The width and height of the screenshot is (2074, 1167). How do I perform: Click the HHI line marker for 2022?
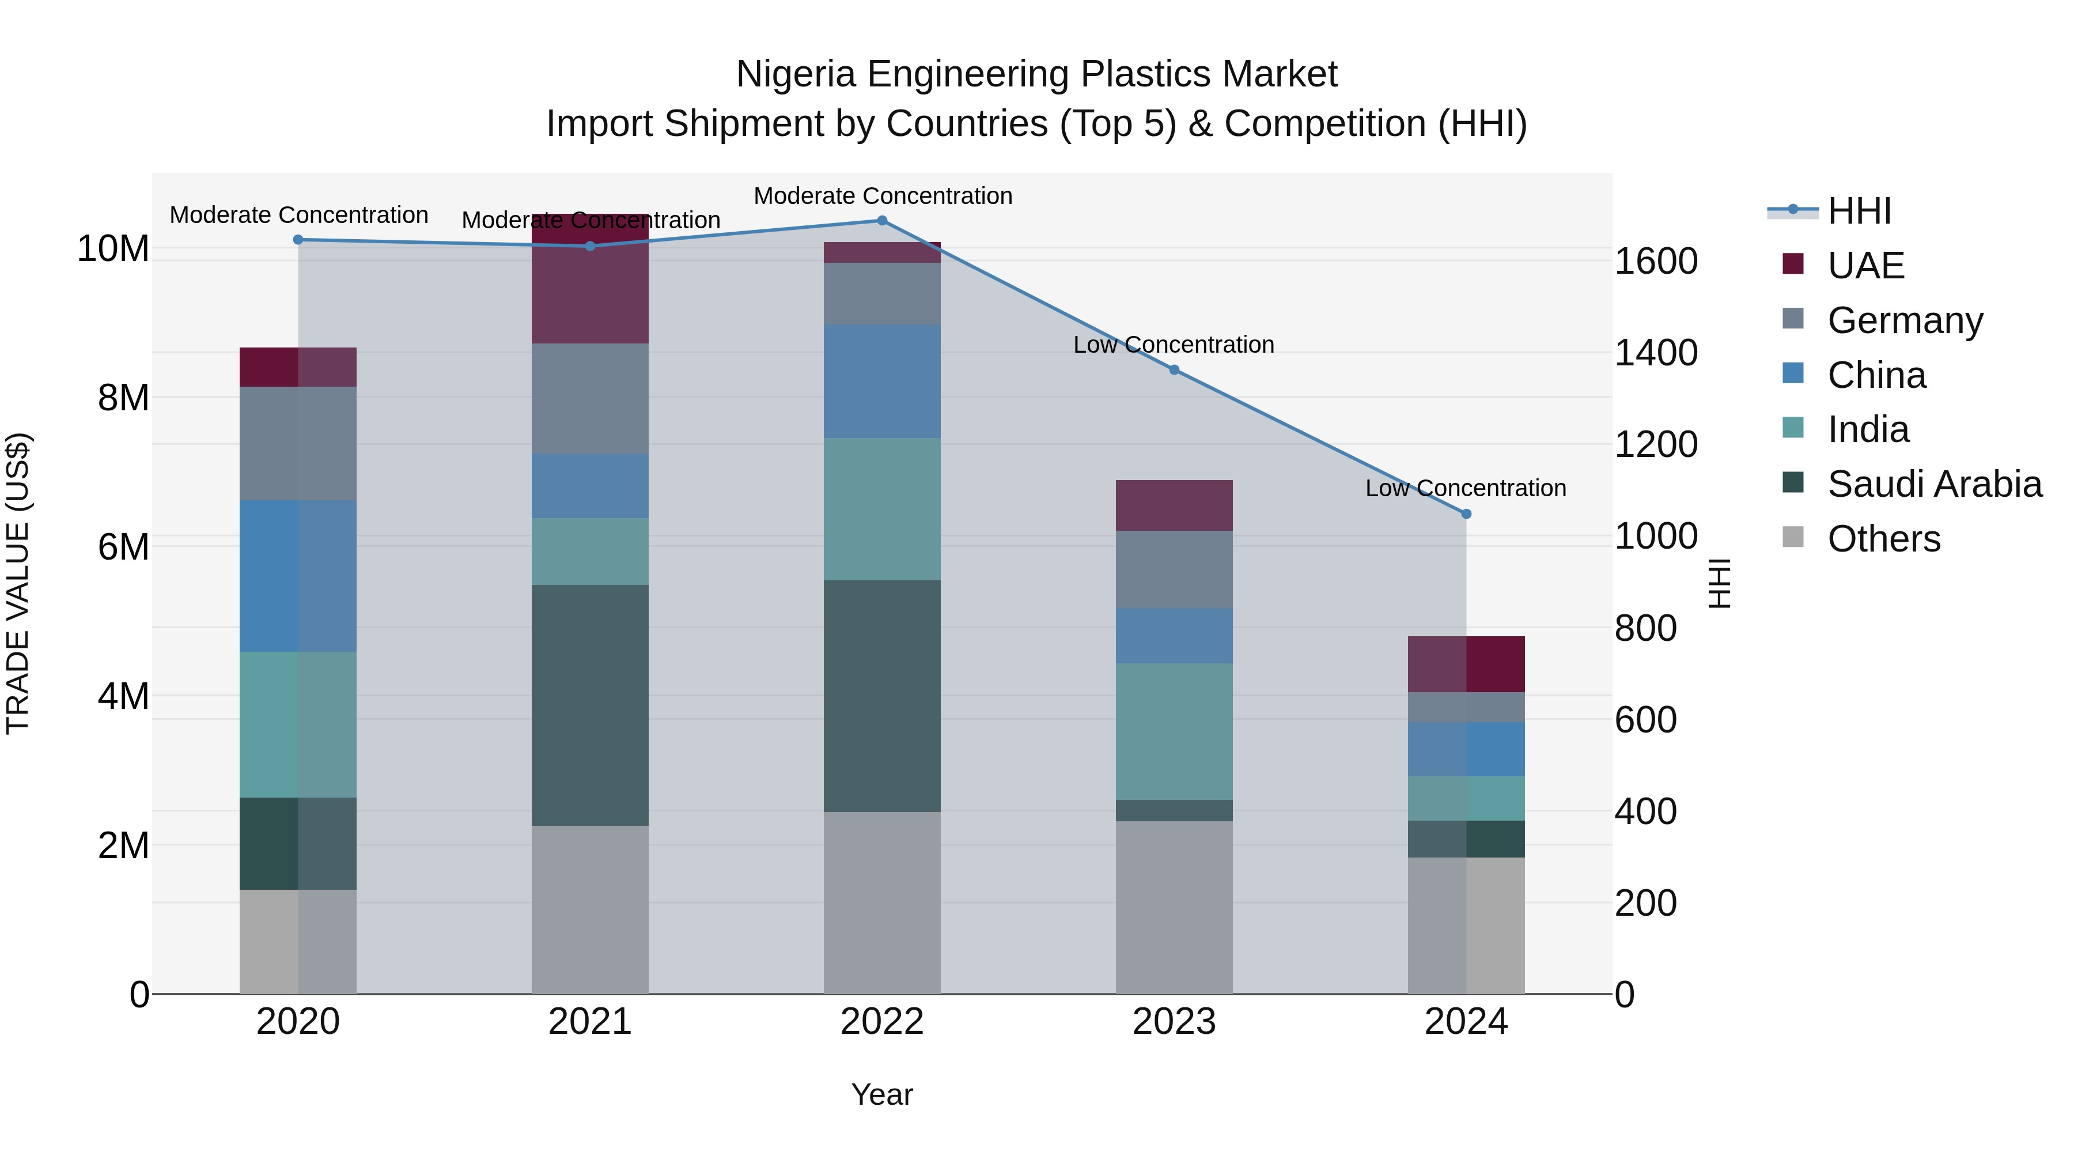pyautogui.click(x=881, y=221)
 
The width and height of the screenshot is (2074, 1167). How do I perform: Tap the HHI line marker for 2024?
pyautogui.click(x=1466, y=514)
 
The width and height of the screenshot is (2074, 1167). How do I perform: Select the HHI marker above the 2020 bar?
pyautogui.click(x=298, y=240)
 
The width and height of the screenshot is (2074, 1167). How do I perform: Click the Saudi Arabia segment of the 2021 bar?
pyautogui.click(x=590, y=705)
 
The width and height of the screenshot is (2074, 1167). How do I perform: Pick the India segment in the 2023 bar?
pyautogui.click(x=1174, y=731)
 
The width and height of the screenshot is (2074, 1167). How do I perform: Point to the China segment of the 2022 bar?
pyautogui.click(x=881, y=381)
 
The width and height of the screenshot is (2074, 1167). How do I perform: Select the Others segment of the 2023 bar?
pyautogui.click(x=1174, y=907)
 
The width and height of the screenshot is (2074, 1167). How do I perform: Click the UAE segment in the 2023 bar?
pyautogui.click(x=1174, y=505)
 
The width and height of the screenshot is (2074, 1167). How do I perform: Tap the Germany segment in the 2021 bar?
pyautogui.click(x=590, y=399)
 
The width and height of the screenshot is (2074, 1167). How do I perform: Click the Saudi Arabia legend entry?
pyautogui.click(x=1935, y=484)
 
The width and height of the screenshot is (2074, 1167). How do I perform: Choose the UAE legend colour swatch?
pyautogui.click(x=1793, y=264)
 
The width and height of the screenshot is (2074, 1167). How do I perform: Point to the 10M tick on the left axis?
pyautogui.click(x=113, y=249)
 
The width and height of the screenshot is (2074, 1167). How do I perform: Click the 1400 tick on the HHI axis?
pyautogui.click(x=1656, y=353)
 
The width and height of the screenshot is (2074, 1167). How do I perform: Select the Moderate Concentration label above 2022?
pyautogui.click(x=883, y=196)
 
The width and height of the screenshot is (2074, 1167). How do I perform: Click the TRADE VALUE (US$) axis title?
pyautogui.click(x=18, y=583)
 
